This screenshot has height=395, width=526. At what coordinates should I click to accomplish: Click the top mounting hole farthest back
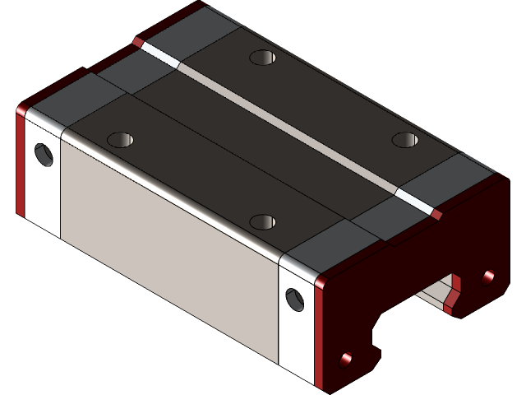tap(263, 58)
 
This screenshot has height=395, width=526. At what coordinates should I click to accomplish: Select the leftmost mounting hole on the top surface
tap(120, 139)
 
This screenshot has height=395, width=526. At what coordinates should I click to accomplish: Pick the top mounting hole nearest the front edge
tap(262, 221)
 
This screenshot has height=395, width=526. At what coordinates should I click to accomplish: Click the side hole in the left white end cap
tap(43, 154)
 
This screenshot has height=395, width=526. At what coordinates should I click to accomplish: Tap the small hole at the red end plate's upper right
tap(489, 276)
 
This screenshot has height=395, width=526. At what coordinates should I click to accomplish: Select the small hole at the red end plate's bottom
tap(346, 360)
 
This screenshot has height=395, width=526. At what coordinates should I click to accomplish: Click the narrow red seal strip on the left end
tap(21, 165)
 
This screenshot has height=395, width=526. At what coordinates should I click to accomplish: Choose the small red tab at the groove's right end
tap(436, 215)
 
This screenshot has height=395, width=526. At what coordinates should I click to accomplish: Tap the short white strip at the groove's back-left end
tap(159, 53)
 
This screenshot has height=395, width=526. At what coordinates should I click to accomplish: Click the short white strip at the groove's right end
tap(413, 200)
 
